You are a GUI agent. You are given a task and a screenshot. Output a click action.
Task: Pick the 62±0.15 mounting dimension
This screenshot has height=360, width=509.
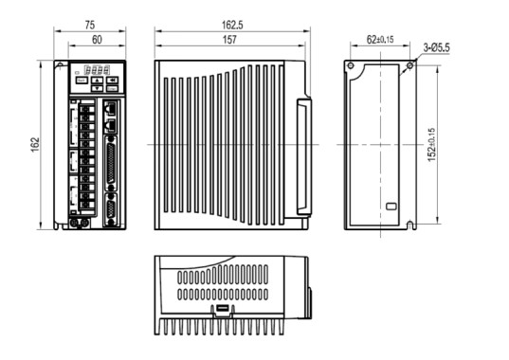pos(381,41)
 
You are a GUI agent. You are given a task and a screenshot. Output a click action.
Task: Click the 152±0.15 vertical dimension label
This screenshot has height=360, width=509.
pos(431,145)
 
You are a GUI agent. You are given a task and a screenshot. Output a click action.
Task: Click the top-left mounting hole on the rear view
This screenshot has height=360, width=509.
pos(351,66)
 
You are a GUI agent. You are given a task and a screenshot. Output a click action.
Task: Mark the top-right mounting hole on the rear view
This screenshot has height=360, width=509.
pos(409,66)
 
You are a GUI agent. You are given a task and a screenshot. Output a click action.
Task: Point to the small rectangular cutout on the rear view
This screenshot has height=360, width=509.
pos(393,206)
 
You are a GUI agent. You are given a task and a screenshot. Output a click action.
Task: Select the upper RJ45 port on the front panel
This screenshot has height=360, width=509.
pos(111,107)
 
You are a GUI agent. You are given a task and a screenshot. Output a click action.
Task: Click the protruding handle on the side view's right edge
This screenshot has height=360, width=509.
pos(302,156)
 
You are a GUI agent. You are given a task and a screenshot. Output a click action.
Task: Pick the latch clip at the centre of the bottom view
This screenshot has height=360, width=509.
pos(221,309)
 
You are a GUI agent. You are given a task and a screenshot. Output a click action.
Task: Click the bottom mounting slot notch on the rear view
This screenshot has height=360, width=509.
pos(409,225)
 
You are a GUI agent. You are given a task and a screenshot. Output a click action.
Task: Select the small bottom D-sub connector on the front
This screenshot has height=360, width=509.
pos(111,207)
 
